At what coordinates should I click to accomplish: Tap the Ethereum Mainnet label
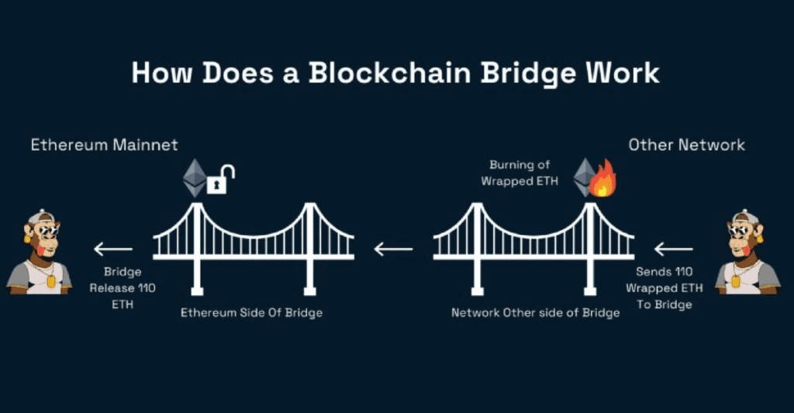click(104, 145)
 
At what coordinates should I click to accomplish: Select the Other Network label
click(686, 145)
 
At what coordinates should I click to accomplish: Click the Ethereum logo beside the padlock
click(194, 178)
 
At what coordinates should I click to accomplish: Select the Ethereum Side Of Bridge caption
click(251, 313)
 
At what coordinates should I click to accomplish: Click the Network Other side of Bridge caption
click(536, 313)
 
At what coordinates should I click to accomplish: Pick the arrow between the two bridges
click(393, 249)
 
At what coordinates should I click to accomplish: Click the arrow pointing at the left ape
click(112, 249)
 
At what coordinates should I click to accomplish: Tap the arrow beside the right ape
click(673, 249)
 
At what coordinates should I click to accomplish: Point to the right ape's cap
click(747, 216)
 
